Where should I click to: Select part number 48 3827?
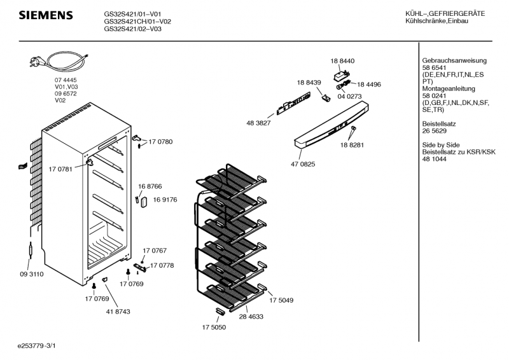tap(259, 123)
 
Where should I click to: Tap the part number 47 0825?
tap(303, 164)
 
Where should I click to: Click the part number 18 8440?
tap(342, 60)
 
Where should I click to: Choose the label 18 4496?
tap(368, 84)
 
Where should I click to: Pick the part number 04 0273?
tap(349, 96)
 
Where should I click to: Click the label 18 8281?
tap(352, 145)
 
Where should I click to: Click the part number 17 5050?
tap(214, 328)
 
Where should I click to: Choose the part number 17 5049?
tap(281, 300)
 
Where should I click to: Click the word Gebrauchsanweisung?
tap(445, 60)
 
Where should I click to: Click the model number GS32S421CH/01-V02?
tap(137, 21)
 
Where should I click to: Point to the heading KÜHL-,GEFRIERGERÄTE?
tap(445, 13)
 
